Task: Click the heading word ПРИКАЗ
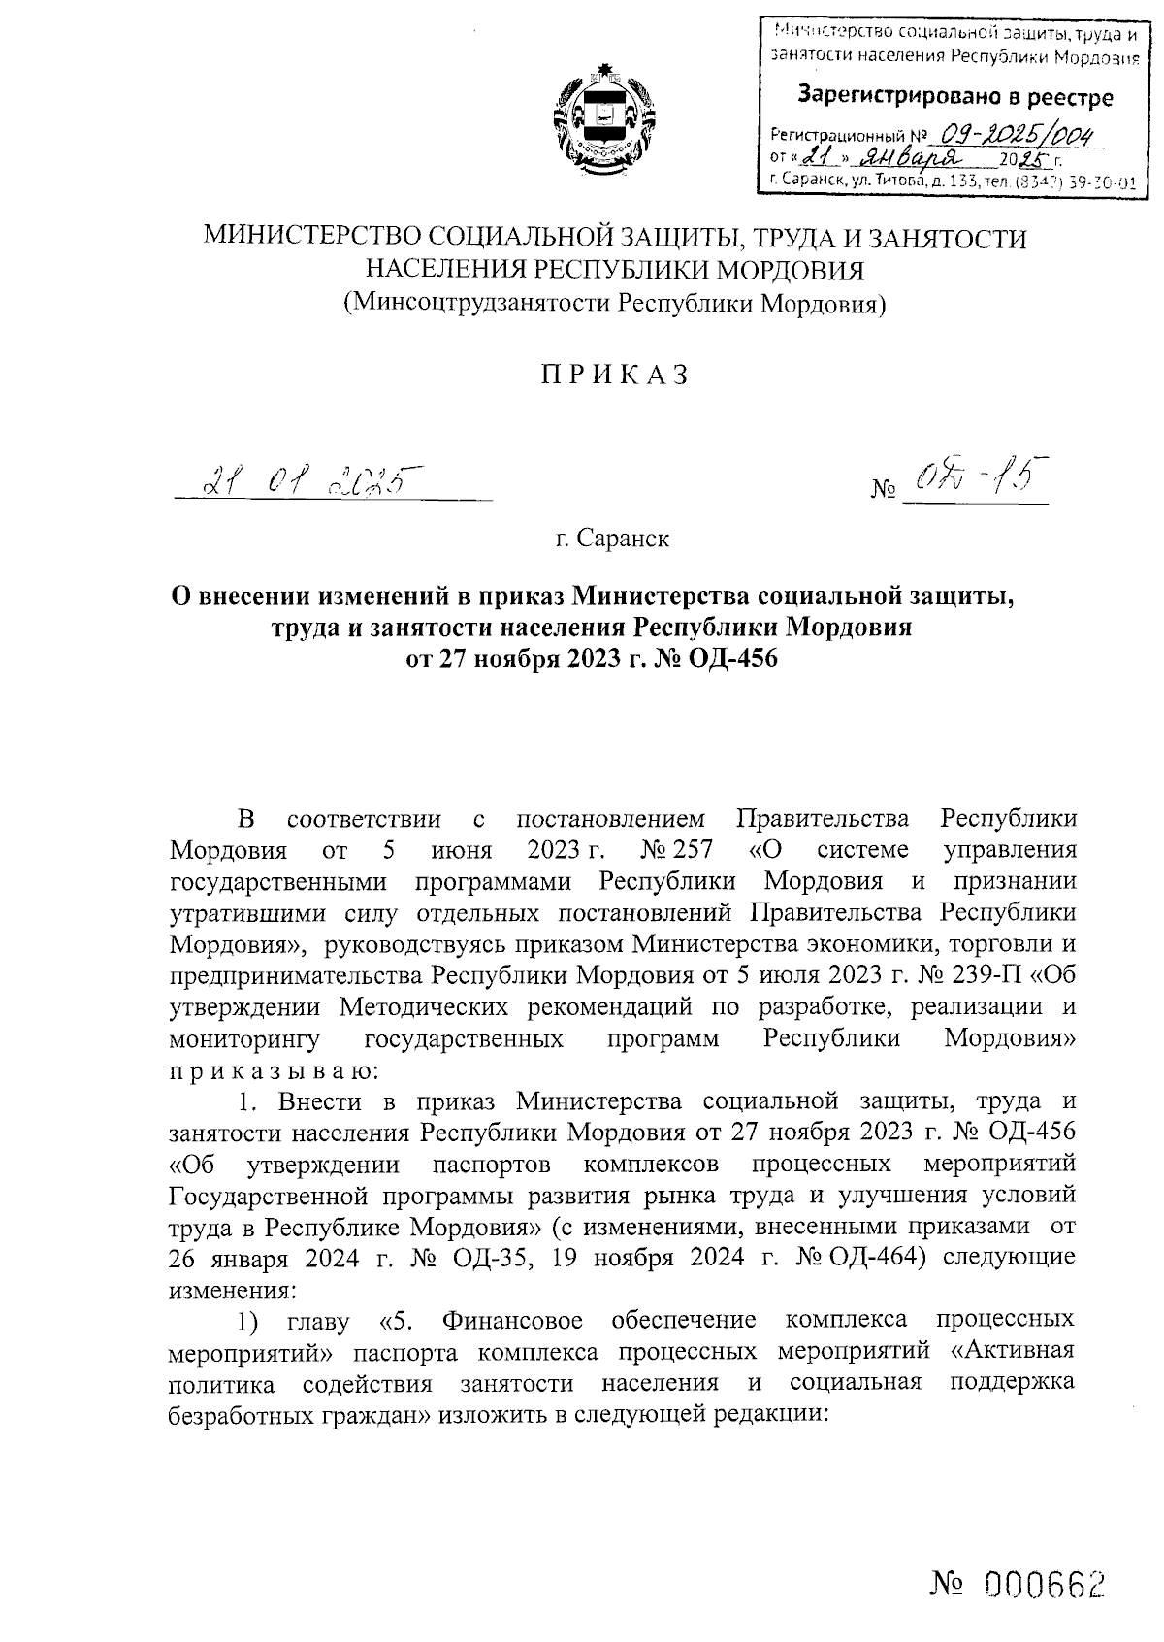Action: click(614, 375)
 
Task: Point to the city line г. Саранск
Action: click(613, 538)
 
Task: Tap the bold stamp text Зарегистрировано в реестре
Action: click(954, 97)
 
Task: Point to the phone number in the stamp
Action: click(1077, 181)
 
